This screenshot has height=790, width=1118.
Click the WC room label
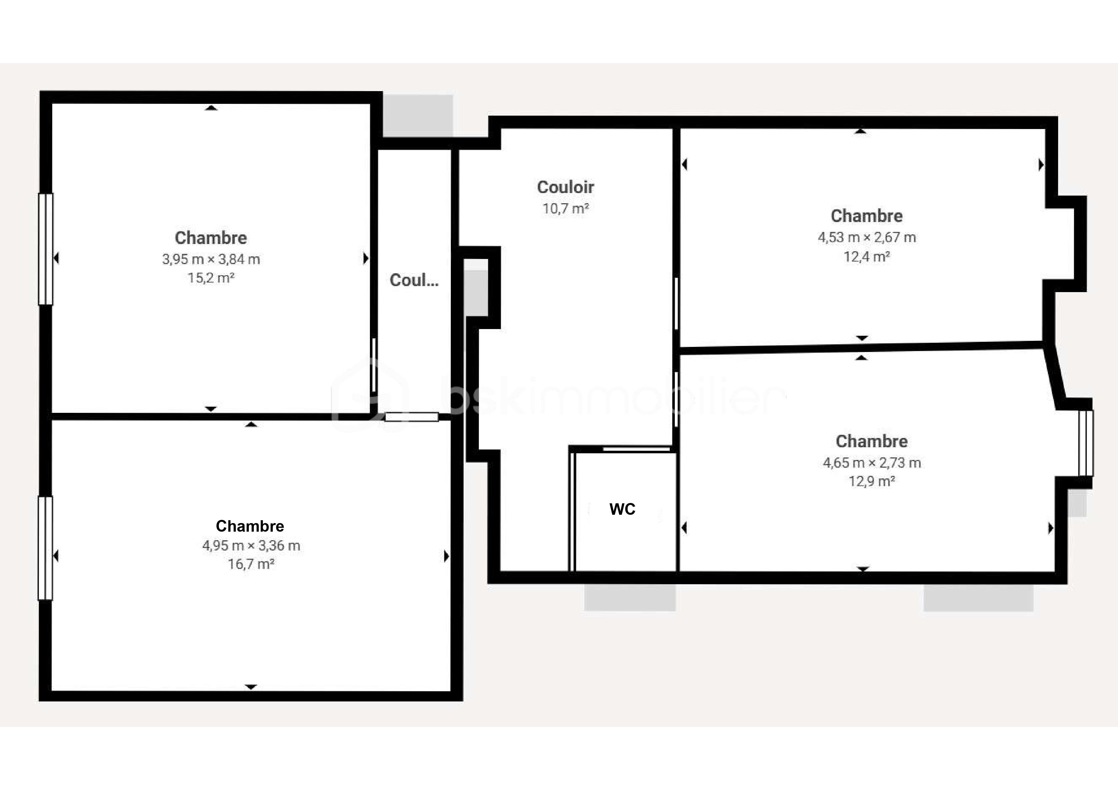[622, 509]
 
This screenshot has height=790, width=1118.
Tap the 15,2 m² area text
[211, 278]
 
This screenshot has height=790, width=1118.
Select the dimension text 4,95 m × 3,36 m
[251, 546]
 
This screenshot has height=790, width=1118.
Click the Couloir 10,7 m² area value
[565, 209]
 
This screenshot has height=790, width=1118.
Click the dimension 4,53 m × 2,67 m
[866, 238]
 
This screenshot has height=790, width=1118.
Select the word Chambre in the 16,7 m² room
[250, 526]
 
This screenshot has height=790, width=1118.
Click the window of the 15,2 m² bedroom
[46, 249]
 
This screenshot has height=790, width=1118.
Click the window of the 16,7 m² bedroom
[45, 548]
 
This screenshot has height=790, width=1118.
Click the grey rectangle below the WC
[630, 597]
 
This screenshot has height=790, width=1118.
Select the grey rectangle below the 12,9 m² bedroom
[978, 598]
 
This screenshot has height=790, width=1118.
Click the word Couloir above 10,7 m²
[565, 187]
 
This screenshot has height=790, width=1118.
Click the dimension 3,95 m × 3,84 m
[211, 259]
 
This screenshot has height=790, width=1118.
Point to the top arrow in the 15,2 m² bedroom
[211, 108]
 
